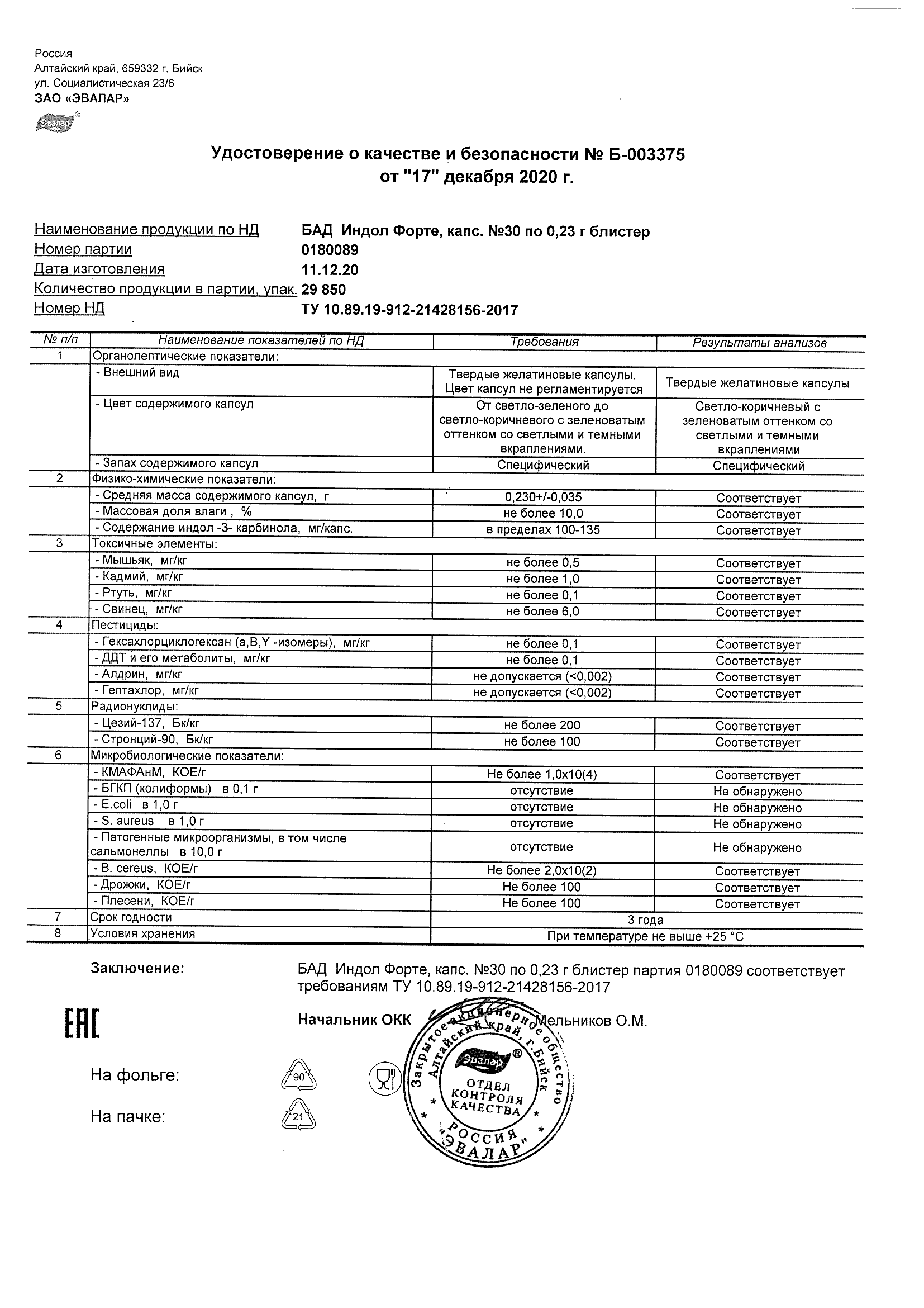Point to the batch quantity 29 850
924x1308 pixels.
click(323, 290)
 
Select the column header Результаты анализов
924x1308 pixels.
click(759, 343)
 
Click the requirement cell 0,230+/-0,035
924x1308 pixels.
click(544, 497)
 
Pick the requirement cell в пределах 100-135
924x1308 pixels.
click(544, 530)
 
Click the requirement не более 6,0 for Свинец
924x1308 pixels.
click(543, 612)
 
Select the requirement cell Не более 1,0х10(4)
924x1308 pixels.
click(542, 774)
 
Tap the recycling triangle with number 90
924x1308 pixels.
click(299, 1075)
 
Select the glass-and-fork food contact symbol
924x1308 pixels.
click(384, 1077)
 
